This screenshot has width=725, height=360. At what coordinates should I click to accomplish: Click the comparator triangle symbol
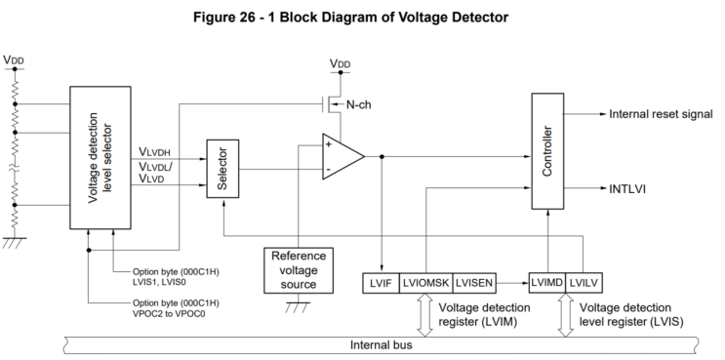click(342, 156)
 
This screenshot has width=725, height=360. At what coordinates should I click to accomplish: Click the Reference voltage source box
click(299, 269)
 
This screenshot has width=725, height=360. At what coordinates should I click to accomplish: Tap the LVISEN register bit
click(474, 282)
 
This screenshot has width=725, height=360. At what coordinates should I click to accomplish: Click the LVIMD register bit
click(546, 282)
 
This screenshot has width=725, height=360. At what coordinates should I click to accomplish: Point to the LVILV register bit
click(583, 282)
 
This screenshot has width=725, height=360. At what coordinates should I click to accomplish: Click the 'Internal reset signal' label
click(661, 114)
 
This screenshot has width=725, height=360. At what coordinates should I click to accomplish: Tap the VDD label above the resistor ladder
click(15, 60)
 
